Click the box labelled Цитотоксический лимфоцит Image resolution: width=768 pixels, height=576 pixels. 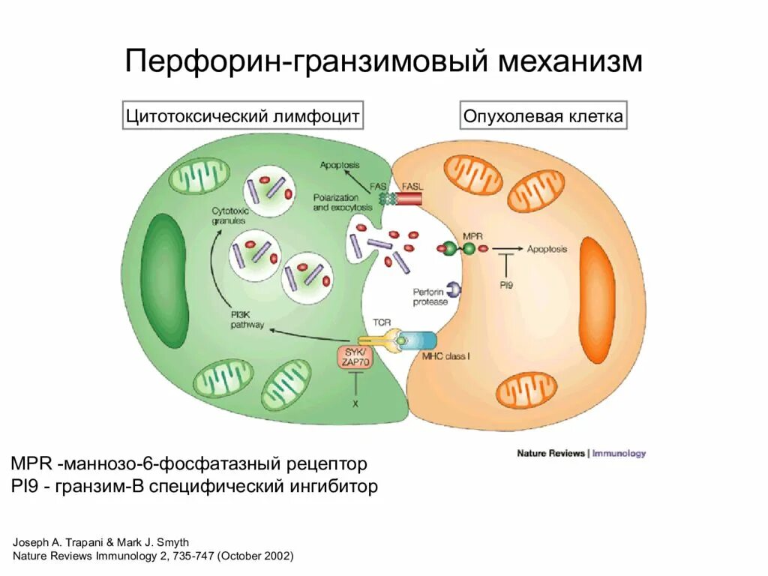pos(242,116)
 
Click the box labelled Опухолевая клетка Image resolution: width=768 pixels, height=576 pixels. pos(542,116)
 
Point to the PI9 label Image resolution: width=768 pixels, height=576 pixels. pos(506,285)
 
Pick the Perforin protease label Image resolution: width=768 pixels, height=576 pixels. pos(430,296)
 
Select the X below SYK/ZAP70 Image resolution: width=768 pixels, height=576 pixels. pos(355,403)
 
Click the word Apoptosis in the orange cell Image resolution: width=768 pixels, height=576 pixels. pos(547,249)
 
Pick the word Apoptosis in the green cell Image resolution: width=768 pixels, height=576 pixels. pos(340,164)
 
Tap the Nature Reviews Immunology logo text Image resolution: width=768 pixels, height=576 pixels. pos(581,453)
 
